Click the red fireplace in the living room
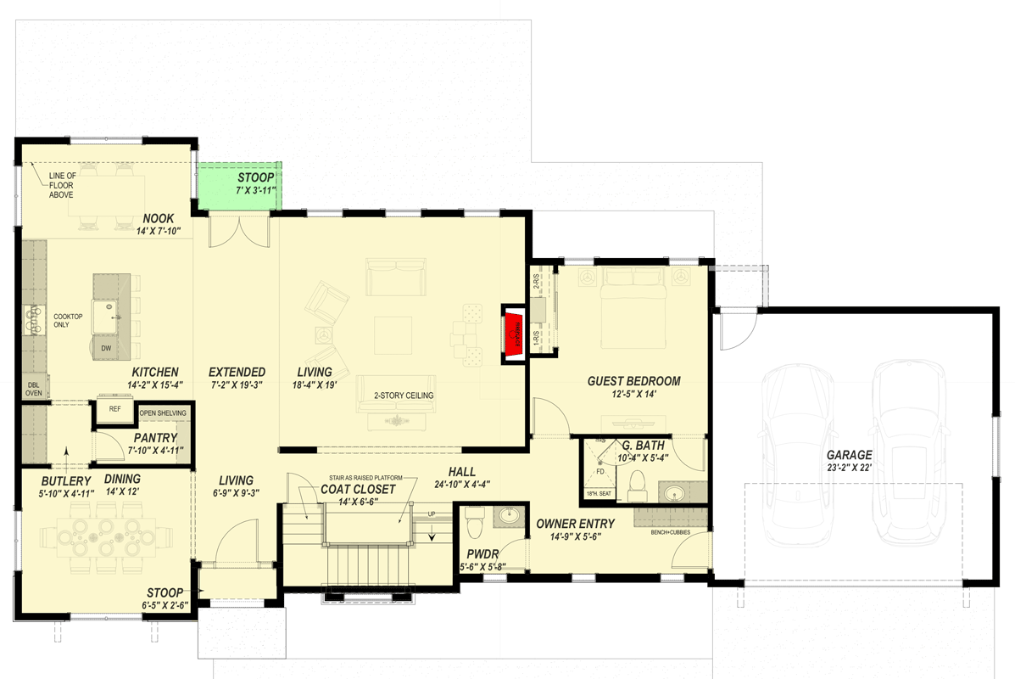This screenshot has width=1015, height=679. pos(512,334)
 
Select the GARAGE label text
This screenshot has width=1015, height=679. pos(849,454)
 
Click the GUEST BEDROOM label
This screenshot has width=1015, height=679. pos(633,381)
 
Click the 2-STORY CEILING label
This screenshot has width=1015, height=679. pos(404,396)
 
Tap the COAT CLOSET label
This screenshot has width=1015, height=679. pos(357,489)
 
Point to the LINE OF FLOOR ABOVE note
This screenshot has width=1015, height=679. pos(61,185)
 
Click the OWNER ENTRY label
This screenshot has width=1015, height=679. pos(575,524)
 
